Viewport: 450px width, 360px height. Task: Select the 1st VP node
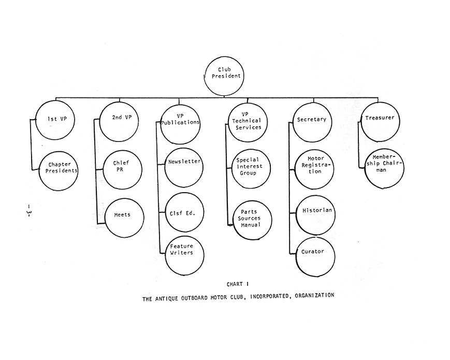[x=55, y=120]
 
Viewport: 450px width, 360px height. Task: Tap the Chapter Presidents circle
[x=59, y=171]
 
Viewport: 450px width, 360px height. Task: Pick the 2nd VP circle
[x=119, y=122]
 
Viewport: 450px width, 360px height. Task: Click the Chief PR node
[x=122, y=170]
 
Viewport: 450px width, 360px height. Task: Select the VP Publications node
[x=180, y=124]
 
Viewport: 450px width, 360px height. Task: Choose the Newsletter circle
[x=184, y=168]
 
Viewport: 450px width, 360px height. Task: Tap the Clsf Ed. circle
[x=184, y=212]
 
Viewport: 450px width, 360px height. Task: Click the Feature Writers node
[x=184, y=256]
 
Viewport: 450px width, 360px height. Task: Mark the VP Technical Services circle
[x=248, y=122]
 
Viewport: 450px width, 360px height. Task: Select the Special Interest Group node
[x=251, y=169]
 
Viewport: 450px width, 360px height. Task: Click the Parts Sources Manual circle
[x=252, y=220]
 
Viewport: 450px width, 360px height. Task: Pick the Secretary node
[x=312, y=123]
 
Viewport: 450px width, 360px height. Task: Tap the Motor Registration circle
[x=314, y=169]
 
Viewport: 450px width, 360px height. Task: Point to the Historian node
[x=315, y=215]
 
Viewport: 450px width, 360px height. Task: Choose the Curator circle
[x=315, y=257]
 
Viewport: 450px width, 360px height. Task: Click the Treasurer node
[x=380, y=122]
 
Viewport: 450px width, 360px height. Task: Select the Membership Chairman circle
[x=385, y=168]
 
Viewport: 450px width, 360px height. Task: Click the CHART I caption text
[x=238, y=284]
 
